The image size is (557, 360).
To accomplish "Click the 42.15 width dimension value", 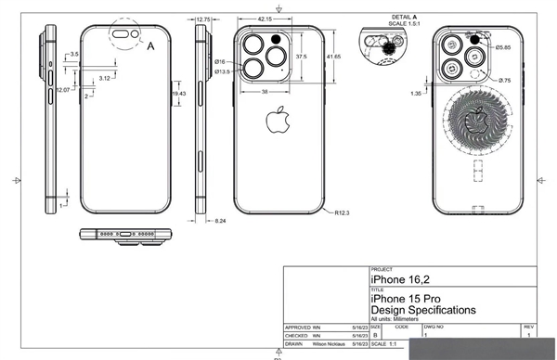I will (265, 19).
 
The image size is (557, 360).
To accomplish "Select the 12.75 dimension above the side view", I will (203, 18).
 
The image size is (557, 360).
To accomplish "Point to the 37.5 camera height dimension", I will (301, 57).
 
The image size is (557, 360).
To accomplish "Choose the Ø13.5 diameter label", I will (222, 71).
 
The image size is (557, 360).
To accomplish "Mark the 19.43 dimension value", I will (179, 94).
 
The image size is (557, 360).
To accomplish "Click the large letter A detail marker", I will (150, 43).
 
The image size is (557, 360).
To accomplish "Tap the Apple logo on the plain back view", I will (275, 121).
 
